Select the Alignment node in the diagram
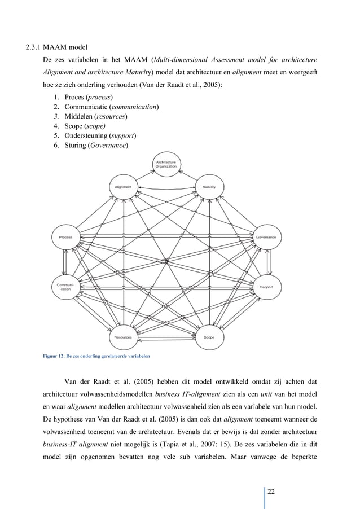coord(123,187)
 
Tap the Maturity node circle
coord(209,187)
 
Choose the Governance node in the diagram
coord(265,238)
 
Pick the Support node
coord(266,287)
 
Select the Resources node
coord(123,337)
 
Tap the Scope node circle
coord(209,337)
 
